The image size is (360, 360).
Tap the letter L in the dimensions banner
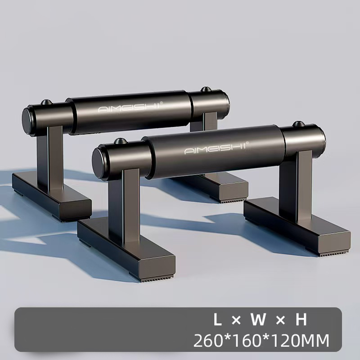point(217,319)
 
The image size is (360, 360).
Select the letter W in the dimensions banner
point(258,319)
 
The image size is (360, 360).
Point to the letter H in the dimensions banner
point(301,319)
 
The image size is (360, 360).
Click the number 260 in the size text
point(208,341)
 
